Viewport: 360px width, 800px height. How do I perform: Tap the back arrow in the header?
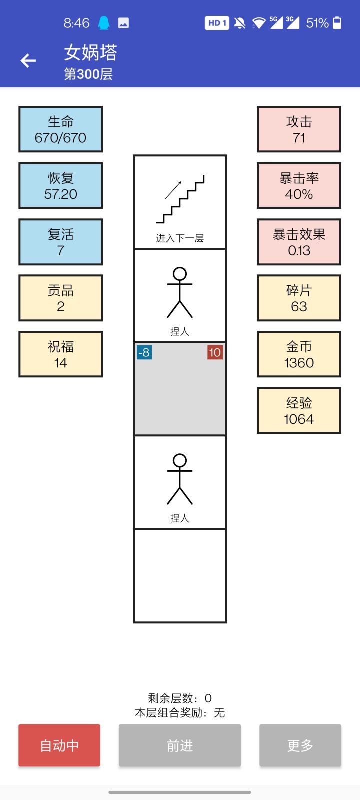tap(28, 60)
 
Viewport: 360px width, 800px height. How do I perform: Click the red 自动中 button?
tap(59, 745)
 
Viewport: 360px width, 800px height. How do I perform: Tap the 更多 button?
tap(300, 745)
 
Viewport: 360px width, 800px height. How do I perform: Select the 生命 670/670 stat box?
tap(60, 129)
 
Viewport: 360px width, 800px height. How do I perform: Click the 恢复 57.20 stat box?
tap(60, 185)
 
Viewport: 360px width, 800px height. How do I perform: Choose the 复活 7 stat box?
tap(60, 242)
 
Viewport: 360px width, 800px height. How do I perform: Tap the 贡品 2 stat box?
tap(60, 298)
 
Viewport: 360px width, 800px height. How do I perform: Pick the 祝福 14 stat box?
tap(60, 354)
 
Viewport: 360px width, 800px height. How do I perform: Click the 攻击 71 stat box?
tap(299, 129)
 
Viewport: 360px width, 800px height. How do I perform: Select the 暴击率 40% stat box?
tap(299, 185)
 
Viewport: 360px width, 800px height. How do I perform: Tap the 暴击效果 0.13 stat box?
tap(299, 242)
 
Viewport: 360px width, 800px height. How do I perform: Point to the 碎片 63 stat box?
tap(299, 298)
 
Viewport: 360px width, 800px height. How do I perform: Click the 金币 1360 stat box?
tap(299, 354)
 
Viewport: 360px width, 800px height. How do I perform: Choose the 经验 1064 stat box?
tap(299, 410)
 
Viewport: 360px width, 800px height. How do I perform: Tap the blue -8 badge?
tap(144, 353)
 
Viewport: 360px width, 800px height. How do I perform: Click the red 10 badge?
tap(215, 353)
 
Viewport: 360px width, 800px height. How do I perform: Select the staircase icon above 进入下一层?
tap(180, 199)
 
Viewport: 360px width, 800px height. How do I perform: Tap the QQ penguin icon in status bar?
tap(104, 23)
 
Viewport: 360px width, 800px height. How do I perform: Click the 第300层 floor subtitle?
tap(88, 74)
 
